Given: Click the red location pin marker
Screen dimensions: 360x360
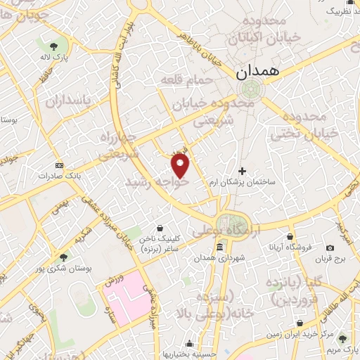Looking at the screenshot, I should pos(181,167).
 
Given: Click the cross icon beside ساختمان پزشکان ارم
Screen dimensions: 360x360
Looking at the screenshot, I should pos(243,171).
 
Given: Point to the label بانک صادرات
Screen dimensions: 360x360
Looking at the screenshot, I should pos(58,174).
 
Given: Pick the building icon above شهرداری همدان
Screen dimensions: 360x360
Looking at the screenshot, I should pos(220,247).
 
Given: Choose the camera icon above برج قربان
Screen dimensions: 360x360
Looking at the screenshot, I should pos(330,247).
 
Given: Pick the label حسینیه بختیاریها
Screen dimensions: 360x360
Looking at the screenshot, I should pos(188,354).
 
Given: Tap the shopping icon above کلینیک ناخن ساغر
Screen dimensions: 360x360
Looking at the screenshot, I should pos(162,228).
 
